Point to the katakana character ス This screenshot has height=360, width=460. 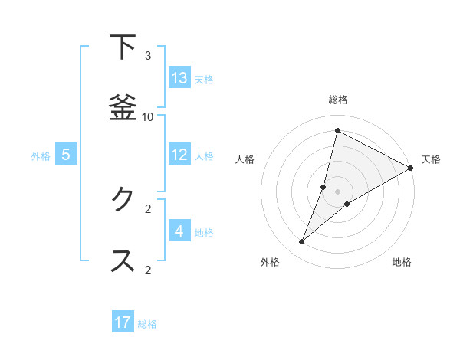[x=123, y=260]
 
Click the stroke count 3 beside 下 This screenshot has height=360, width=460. [x=148, y=56]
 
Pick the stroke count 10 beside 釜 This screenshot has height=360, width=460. [x=148, y=116]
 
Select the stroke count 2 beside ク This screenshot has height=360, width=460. [x=148, y=208]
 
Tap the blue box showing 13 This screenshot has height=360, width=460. [x=179, y=78]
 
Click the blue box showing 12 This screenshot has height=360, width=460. [x=179, y=155]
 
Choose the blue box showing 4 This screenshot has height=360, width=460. [x=179, y=231]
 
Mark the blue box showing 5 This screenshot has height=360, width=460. [x=66, y=155]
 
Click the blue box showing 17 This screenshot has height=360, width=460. [x=123, y=322]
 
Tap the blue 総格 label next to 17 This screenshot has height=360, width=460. [x=147, y=324]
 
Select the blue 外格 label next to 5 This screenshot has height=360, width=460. [x=41, y=156]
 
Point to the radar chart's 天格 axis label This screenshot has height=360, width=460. [x=431, y=159]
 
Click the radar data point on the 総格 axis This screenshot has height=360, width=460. [x=337, y=130]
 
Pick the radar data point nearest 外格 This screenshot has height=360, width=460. [x=302, y=242]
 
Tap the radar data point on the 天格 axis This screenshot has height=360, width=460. [x=411, y=169]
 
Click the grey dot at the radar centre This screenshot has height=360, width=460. [x=338, y=191]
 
